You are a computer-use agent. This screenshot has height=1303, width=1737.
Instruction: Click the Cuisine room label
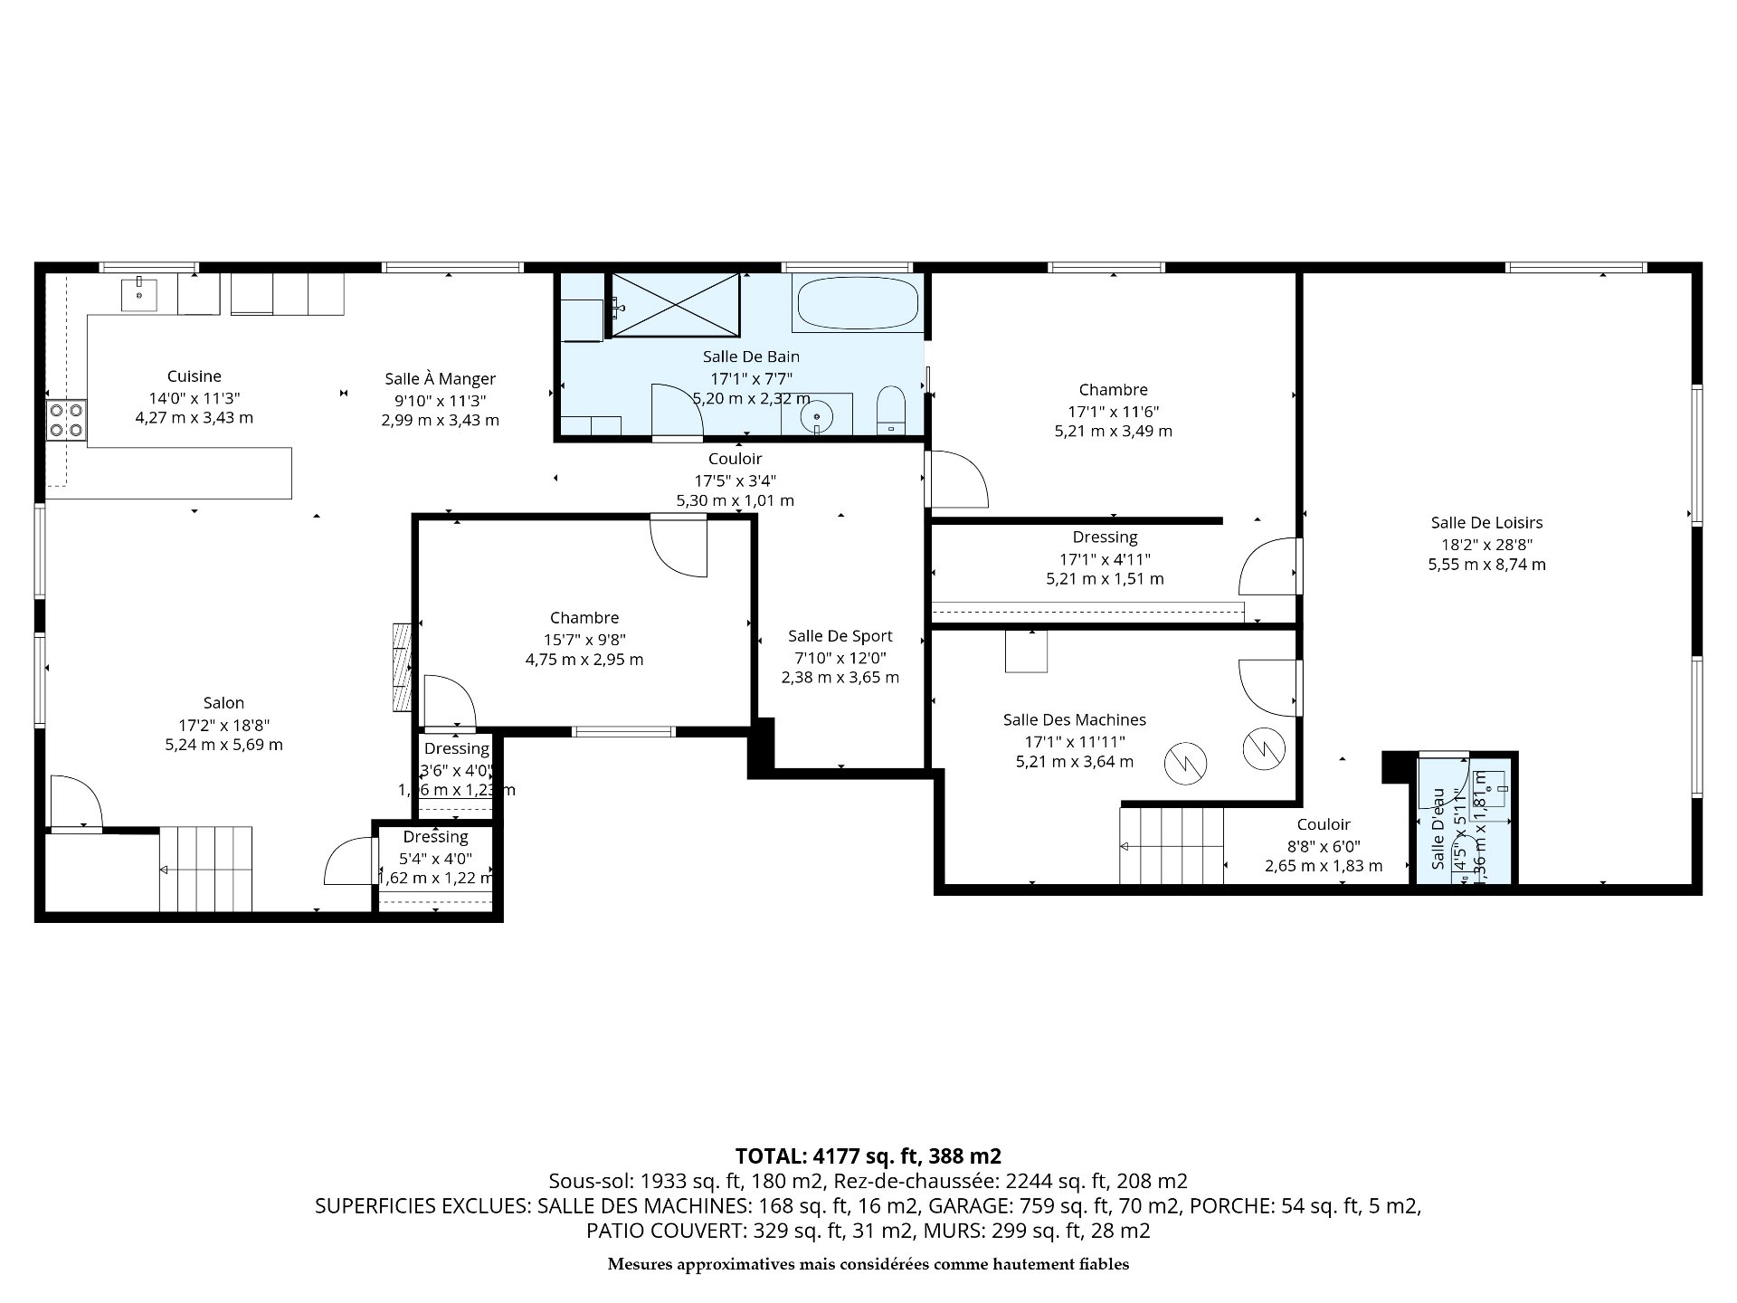pyautogui.click(x=194, y=376)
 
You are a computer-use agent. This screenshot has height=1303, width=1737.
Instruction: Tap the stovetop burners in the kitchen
pyautogui.click(x=66, y=421)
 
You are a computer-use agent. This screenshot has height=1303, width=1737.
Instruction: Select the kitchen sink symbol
pyautogui.click(x=139, y=295)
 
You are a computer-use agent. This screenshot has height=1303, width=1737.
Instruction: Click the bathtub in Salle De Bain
pyautogui.click(x=856, y=303)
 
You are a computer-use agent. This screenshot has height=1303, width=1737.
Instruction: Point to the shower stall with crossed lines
pyautogui.click(x=675, y=304)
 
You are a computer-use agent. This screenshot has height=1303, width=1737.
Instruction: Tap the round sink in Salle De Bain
pyautogui.click(x=817, y=417)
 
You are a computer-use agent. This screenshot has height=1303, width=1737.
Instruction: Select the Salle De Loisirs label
pyautogui.click(x=1486, y=522)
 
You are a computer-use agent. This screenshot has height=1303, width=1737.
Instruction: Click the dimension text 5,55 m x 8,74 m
pyautogui.click(x=1486, y=565)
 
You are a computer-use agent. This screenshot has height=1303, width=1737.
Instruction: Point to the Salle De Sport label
pyautogui.click(x=840, y=636)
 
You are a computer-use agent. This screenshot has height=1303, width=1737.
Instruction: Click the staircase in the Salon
pyautogui.click(x=206, y=869)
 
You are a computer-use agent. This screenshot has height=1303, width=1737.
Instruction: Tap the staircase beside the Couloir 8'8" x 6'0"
pyautogui.click(x=1172, y=846)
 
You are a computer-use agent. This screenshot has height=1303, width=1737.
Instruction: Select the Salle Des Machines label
pyautogui.click(x=1074, y=720)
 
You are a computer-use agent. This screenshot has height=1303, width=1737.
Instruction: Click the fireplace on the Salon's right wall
pyautogui.click(x=403, y=668)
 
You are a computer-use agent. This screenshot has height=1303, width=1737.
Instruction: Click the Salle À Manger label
pyautogui.click(x=440, y=379)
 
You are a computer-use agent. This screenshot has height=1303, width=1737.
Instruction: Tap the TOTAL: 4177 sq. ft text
pyautogui.click(x=868, y=1156)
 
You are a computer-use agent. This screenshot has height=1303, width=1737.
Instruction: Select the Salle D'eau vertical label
pyautogui.click(x=1438, y=829)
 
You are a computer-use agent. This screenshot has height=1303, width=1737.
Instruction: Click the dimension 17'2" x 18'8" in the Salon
pyautogui.click(x=223, y=725)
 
